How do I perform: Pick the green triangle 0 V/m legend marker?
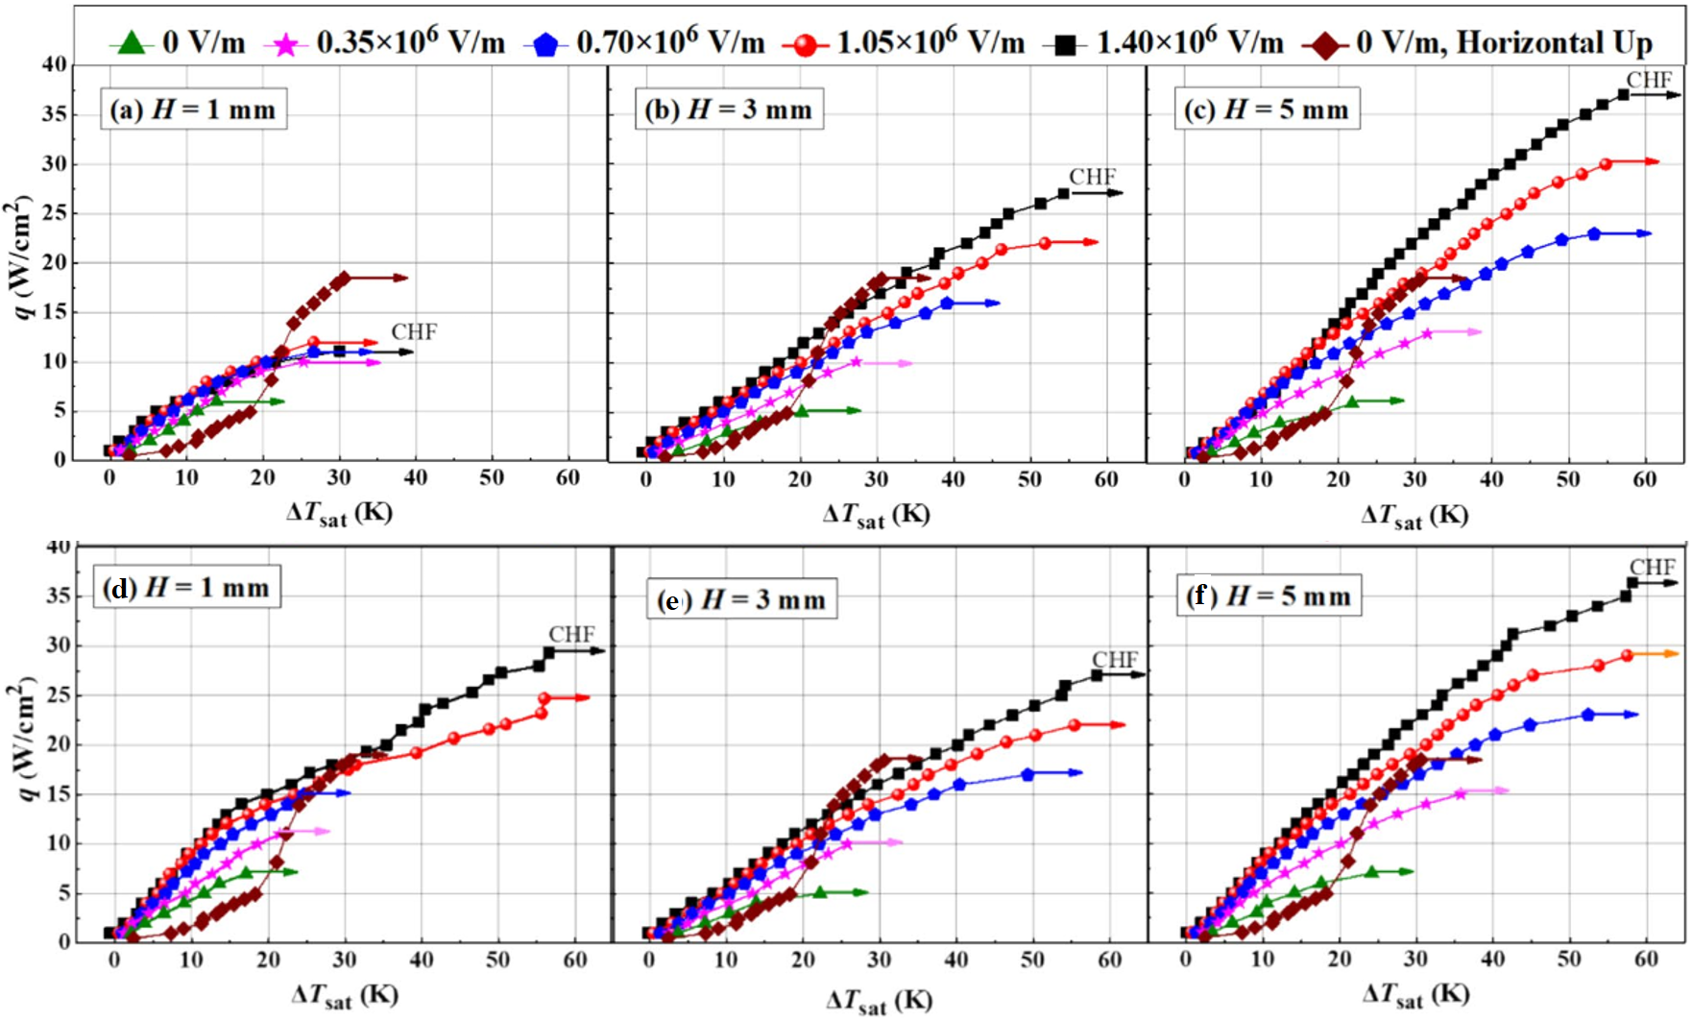click(x=132, y=43)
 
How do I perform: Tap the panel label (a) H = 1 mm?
click(x=193, y=109)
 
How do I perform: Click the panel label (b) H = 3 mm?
click(x=729, y=109)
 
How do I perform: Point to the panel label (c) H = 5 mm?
click(x=1267, y=109)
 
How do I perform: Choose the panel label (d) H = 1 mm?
click(x=187, y=587)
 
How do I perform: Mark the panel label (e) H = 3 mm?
click(x=742, y=599)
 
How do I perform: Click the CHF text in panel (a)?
click(x=414, y=332)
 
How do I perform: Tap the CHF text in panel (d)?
click(x=571, y=635)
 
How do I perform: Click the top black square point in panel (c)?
click(x=1623, y=94)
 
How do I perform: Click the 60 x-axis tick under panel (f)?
click(x=1646, y=959)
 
